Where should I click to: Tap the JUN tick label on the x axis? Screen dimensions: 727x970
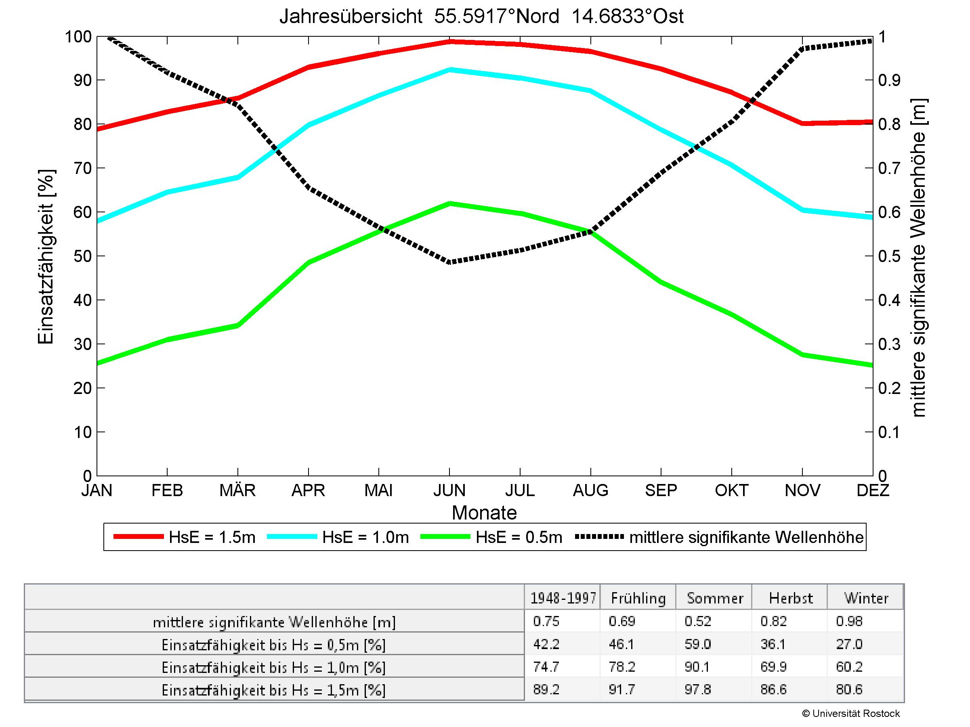pos(449,490)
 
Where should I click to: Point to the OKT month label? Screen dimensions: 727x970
pos(731,490)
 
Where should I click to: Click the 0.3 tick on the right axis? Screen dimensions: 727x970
pos(889,344)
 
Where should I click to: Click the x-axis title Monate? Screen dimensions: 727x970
pos(484,513)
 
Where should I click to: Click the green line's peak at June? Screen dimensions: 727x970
pos(449,203)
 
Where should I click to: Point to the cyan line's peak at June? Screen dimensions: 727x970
pos(449,69)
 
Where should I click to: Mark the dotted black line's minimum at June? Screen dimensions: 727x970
pos(449,262)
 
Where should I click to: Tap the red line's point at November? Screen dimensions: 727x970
pos(802,123)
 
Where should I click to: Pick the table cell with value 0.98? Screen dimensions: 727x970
pos(849,621)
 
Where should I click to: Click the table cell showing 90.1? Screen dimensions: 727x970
pos(697,667)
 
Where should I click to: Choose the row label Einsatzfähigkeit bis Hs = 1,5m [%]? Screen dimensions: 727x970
pos(274,691)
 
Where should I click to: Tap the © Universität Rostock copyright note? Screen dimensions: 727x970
pos(851,713)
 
